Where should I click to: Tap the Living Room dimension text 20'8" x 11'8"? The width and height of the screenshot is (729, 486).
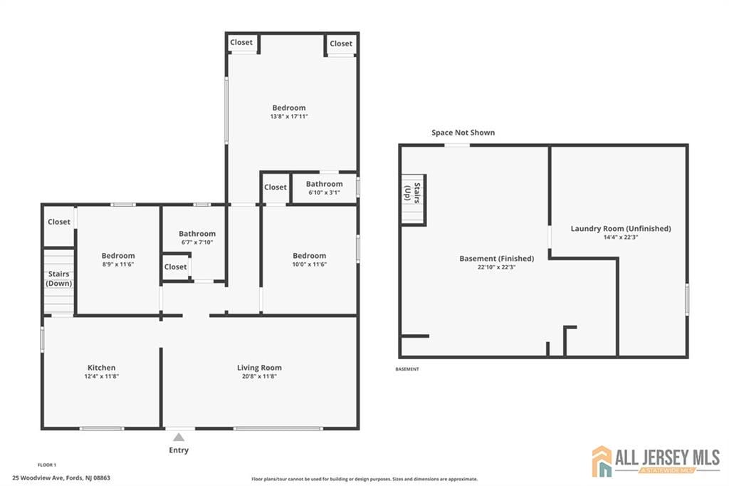pos(259,376)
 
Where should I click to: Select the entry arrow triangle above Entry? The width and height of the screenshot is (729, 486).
pos(179,437)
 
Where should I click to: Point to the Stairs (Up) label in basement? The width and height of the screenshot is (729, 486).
pos(412,193)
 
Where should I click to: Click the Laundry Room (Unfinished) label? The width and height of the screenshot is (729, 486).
pos(620,229)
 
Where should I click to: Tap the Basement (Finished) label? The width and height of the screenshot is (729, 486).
pos(496,258)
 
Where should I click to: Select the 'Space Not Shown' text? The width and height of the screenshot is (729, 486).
pos(463,133)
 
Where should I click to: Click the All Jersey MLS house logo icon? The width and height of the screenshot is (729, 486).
pos(602,461)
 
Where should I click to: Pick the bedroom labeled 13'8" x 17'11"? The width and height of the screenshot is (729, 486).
pos(288,108)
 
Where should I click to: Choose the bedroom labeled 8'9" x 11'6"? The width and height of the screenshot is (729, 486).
pos(117,256)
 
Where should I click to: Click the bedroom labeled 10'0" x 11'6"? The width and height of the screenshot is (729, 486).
pos(309,256)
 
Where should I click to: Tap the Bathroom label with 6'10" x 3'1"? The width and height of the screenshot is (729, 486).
pos(324,184)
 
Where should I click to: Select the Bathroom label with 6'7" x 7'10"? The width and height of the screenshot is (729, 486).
pos(196,234)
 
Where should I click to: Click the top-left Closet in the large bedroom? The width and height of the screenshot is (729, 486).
pos(241,43)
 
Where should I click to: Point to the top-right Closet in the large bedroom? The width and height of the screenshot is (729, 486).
pos(340,43)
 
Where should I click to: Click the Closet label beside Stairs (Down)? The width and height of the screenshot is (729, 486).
pos(59,222)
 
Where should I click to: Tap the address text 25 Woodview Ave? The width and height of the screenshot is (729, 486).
pos(61,477)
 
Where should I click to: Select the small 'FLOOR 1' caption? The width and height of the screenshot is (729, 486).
pos(47,465)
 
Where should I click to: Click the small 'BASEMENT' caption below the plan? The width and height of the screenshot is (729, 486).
pos(407,369)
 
